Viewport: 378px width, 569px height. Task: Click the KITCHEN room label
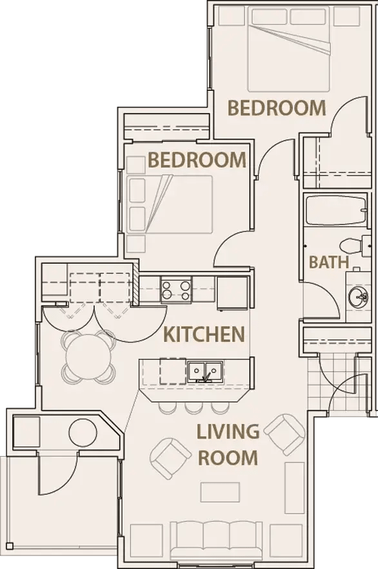coord(204,334)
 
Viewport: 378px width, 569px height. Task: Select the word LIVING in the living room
coord(228,431)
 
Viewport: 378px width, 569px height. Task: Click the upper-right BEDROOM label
coord(277,108)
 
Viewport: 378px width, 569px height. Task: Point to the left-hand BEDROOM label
coord(197,160)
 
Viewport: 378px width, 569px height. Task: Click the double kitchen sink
coord(206,372)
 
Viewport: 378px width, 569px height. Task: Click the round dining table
coord(89,357)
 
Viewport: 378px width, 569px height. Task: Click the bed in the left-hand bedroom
coord(171,204)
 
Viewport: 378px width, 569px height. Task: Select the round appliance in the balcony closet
coord(83,432)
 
